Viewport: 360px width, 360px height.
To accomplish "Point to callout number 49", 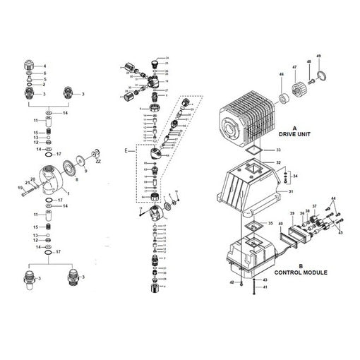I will (318, 56).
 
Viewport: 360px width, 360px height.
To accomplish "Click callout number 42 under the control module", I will (230, 282).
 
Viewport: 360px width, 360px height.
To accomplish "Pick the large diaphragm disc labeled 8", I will (71, 168).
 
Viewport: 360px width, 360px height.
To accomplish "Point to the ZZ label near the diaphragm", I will (97, 163).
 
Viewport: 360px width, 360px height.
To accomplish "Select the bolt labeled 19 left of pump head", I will (21, 188).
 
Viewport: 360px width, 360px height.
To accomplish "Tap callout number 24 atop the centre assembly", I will (167, 56).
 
